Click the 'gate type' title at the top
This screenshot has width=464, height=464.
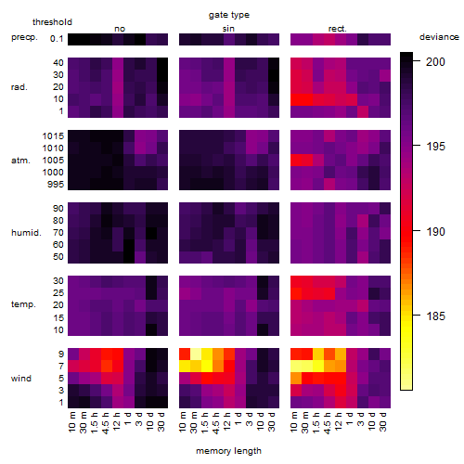coord(229,15)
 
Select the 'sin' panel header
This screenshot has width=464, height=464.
coord(228,29)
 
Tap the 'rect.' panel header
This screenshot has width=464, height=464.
coord(337,29)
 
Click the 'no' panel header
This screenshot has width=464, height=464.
coord(120,29)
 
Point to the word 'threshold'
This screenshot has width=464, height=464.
coord(52,22)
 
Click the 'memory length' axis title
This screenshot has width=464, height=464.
coord(228,451)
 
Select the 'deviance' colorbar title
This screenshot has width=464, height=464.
coord(439,37)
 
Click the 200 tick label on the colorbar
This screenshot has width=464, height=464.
coord(435,61)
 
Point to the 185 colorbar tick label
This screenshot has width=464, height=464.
coord(435,316)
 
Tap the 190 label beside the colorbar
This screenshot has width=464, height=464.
coord(435,231)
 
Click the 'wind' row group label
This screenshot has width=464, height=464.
coord(21,378)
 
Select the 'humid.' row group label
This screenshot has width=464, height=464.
coord(26,233)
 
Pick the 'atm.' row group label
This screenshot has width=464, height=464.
coord(20,161)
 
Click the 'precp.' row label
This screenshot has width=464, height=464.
coord(24,37)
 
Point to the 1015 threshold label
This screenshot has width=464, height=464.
coord(53,135)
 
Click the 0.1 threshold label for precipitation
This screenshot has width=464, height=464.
coord(57,39)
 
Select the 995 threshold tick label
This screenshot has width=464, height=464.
coord(56,185)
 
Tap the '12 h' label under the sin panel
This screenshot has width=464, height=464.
coord(226,421)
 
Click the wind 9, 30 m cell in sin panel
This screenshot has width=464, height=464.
coord(196,354)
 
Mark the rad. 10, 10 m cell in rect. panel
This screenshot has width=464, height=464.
coord(296,99)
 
